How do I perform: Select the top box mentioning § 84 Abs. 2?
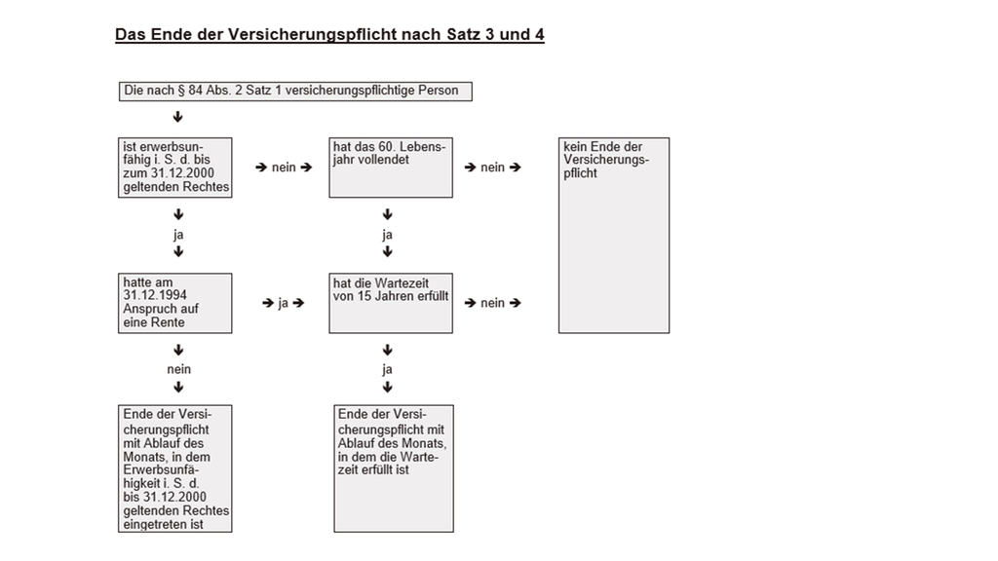coord(294,92)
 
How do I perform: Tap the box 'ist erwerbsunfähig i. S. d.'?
coord(175,167)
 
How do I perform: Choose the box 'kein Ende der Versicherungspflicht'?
coord(613,235)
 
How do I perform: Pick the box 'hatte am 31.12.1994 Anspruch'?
coord(175,303)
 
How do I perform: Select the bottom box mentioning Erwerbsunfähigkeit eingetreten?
coord(175,468)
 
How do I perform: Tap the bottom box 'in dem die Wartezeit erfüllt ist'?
coord(394,468)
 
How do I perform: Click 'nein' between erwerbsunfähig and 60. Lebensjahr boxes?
coord(284,168)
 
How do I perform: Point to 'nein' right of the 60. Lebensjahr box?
coord(492,168)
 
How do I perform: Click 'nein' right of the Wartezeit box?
coord(492,303)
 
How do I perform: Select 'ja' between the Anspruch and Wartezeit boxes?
coord(284,303)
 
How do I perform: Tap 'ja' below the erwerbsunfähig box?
coord(178,235)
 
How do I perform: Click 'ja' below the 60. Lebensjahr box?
coord(388,235)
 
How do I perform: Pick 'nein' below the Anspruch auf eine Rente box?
coord(178,369)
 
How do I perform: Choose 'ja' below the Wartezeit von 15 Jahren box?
coord(388,369)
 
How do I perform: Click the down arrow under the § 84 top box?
coord(178,117)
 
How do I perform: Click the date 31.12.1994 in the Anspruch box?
coord(153,296)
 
